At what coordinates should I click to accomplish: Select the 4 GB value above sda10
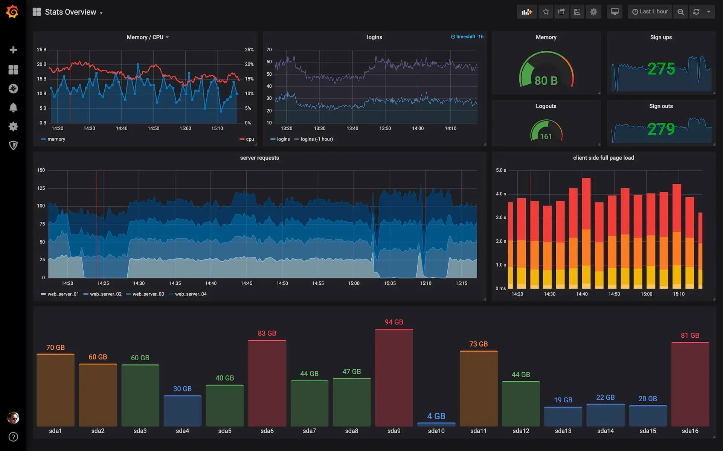point(436,416)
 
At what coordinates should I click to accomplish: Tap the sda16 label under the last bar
point(689,431)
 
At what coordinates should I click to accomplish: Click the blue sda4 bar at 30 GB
point(182,411)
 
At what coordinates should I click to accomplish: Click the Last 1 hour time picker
point(650,12)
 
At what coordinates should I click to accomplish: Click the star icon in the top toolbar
point(546,12)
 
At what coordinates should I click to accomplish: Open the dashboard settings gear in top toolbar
point(593,12)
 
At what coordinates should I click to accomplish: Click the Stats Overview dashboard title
point(70,12)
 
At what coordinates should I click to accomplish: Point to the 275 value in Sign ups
point(661,69)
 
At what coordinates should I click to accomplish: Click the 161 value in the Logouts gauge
point(546,136)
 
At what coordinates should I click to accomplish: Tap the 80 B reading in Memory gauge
point(546,81)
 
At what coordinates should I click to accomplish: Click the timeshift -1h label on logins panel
point(467,37)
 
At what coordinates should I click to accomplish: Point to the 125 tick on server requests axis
point(41,188)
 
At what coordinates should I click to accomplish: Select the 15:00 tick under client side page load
point(646,294)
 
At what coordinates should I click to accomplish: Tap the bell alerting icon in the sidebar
point(13,108)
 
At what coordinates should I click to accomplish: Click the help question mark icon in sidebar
point(13,437)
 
